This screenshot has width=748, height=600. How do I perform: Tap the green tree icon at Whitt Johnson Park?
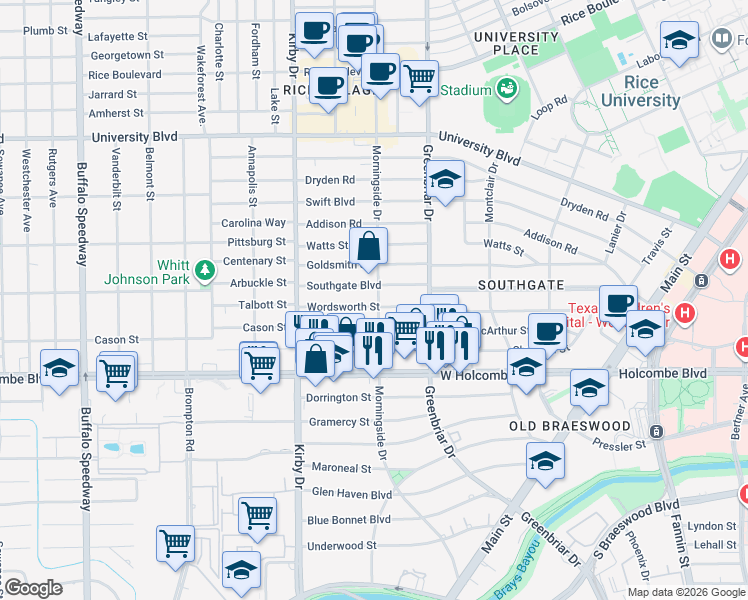[205, 269]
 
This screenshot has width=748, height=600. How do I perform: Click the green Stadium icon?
[507, 89]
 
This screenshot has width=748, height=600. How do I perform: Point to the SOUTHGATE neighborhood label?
[520, 285]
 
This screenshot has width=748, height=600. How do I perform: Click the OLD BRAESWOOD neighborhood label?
[570, 426]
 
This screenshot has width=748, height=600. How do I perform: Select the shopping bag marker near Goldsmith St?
[369, 246]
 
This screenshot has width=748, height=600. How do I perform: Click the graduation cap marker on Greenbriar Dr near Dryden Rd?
[446, 180]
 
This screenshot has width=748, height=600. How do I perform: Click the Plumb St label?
[45, 31]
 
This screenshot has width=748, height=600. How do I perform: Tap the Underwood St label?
[341, 546]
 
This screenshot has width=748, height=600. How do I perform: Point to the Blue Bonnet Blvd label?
[349, 520]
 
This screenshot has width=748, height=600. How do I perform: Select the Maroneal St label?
[340, 468]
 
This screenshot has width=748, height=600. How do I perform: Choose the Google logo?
[33, 588]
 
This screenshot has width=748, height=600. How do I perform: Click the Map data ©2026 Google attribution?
[685, 592]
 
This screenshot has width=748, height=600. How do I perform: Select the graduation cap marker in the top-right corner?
[680, 41]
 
